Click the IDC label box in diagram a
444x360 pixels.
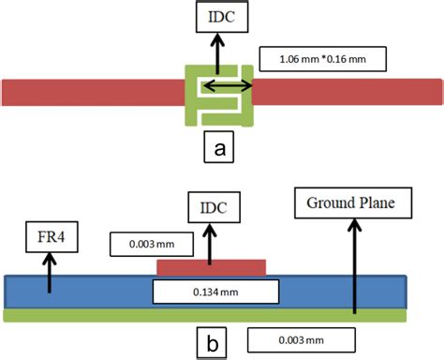click(x=215, y=16)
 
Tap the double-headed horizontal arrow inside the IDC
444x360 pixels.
click(x=229, y=86)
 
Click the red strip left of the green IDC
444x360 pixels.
click(x=94, y=92)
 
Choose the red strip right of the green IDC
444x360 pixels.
click(x=347, y=92)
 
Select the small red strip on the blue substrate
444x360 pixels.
click(x=211, y=267)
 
